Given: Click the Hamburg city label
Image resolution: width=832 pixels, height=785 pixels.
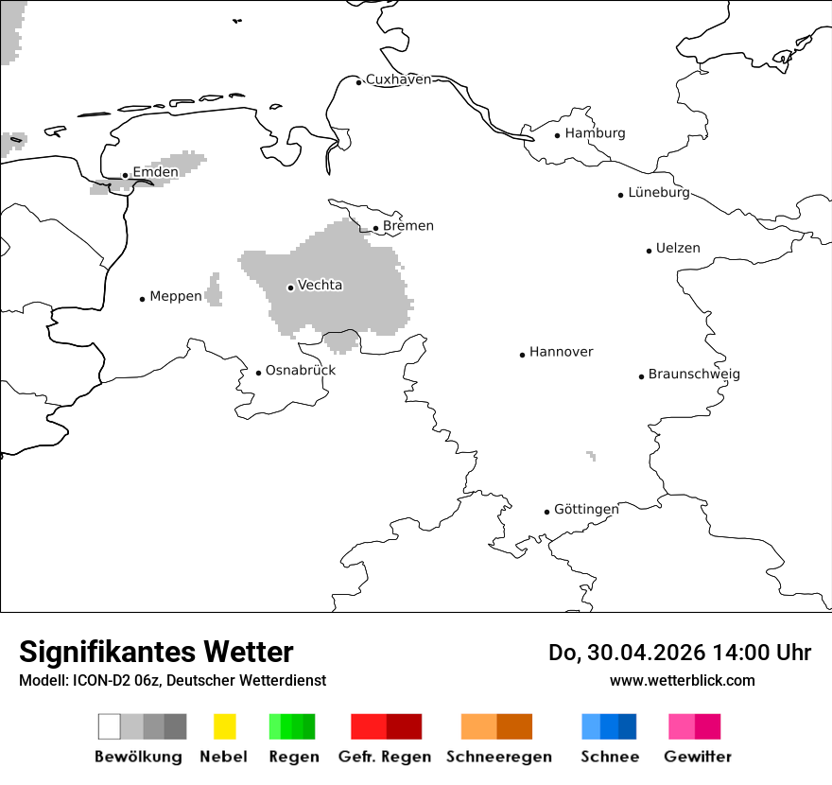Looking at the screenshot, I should [595, 133].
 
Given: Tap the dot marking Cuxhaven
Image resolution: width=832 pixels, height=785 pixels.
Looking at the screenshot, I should [358, 82].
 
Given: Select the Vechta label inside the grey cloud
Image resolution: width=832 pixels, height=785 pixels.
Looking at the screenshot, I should [320, 285].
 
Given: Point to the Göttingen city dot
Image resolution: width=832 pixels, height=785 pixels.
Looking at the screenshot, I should [546, 512].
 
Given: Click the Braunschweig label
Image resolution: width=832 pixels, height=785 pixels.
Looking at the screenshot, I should [694, 375].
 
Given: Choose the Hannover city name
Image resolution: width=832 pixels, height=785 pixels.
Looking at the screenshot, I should [561, 352].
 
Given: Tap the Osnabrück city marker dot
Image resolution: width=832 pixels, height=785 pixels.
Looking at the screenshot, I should [258, 373].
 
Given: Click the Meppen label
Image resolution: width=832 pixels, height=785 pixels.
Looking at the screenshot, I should [176, 296].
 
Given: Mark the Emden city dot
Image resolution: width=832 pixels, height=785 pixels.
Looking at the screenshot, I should [125, 175].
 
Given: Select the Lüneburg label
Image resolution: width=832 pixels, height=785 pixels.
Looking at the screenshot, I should [659, 192].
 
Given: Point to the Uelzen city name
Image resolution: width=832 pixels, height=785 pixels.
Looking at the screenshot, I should [678, 248].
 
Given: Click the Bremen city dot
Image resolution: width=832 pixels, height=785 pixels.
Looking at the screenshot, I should [375, 228].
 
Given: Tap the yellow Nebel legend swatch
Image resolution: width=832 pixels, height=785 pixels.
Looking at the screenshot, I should [224, 726].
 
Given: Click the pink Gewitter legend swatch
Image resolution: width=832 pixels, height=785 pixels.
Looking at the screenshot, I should [682, 726].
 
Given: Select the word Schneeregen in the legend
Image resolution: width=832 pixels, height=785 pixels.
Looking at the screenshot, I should [498, 757].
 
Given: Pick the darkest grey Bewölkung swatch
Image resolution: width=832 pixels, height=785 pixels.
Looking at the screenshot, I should [176, 726].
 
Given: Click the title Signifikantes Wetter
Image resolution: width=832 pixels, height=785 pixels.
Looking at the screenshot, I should [156, 653].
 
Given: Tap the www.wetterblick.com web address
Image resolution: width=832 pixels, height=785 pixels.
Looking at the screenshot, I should [682, 680].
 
